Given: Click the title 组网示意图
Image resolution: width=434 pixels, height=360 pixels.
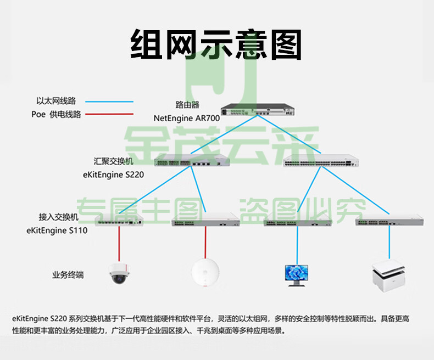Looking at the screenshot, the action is point(216,44).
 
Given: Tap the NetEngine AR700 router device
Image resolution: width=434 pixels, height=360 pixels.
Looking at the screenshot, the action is point(258,109).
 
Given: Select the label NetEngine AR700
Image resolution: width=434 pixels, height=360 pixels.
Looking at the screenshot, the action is point(187,118).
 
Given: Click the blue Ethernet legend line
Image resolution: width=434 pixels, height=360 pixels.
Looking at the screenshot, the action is point(109,102).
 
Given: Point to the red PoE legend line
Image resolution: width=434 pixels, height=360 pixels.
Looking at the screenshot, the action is point(109,114).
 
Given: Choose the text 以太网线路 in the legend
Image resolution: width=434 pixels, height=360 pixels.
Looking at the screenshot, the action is point(56,101).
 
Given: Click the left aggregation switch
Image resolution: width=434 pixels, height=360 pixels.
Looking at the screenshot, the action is point(192,160).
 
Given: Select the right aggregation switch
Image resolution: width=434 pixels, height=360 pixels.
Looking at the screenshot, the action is point(321,160).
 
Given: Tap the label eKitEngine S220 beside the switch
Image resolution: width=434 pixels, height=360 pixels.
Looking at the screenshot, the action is point(114,175).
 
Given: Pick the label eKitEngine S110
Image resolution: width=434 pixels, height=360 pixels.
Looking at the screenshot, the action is point(57,230).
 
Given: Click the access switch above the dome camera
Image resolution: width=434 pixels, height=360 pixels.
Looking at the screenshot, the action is point(119,220).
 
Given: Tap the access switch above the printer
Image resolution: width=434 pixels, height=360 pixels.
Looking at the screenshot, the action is point(390,220).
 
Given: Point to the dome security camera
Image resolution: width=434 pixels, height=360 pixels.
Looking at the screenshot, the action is point(119,273).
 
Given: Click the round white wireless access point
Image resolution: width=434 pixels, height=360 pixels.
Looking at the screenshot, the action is point(205,272).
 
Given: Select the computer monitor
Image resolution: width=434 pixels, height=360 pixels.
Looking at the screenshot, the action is point(297,275).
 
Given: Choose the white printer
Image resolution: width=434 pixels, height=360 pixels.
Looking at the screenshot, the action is point(389,276).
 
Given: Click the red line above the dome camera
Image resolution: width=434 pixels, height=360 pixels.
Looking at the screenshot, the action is point(119,244).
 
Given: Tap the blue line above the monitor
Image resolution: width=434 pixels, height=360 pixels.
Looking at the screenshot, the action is point(297,245).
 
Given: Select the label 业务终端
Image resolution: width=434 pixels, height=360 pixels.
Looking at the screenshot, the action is point(68,275).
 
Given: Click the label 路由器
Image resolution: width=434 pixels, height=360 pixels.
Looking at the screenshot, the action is point(187,105).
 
